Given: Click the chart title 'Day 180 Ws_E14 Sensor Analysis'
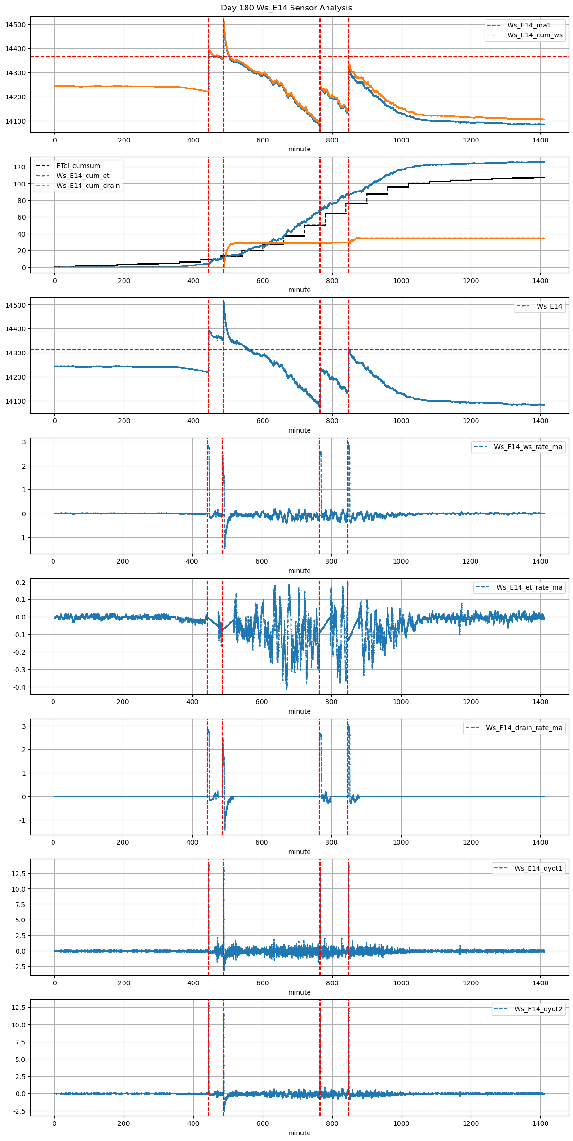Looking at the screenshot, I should point(286,8).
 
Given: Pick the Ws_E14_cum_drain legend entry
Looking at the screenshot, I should point(88,186).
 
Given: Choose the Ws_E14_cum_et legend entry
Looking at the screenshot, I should point(83,176).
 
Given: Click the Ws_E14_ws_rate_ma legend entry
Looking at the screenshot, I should point(528,447).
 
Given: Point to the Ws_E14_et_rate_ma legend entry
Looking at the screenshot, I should point(529,587).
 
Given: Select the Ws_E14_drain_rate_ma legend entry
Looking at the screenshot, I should point(524,728).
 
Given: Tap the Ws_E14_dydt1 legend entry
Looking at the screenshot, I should point(538,868).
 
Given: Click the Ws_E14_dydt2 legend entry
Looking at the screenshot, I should point(538,1009).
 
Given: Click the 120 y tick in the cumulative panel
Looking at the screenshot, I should point(19,167).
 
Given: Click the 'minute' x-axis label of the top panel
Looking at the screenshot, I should point(300,149).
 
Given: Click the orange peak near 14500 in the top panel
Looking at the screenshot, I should point(224,20).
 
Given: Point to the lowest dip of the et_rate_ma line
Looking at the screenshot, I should point(286,688).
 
